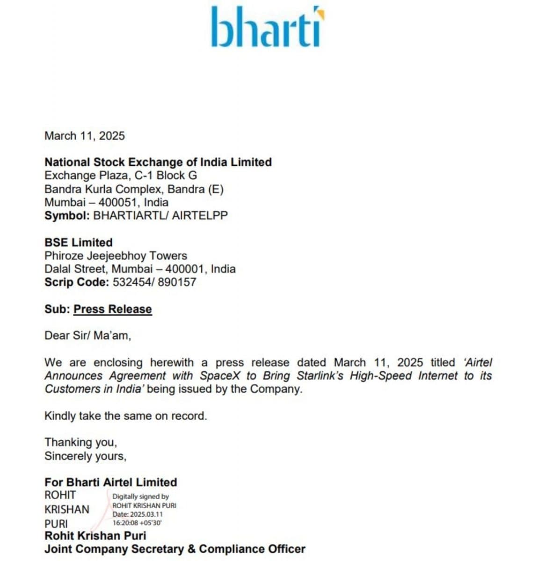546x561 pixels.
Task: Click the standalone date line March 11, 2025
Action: tap(85, 136)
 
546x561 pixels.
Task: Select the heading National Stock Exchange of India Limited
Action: tap(158, 162)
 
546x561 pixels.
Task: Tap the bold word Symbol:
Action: tap(67, 216)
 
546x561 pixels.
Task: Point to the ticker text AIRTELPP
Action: tap(200, 216)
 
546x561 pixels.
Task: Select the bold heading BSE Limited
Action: tap(79, 243)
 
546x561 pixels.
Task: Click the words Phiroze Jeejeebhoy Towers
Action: tap(116, 256)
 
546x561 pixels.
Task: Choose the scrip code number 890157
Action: tap(177, 282)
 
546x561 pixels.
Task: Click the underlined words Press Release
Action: tap(113, 309)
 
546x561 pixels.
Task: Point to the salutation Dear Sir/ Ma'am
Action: tap(87, 336)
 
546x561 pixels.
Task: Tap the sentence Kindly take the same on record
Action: tap(125, 416)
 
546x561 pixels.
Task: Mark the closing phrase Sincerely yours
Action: tap(85, 456)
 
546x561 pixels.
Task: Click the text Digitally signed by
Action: tap(140, 496)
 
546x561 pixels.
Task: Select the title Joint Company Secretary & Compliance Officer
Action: tap(175, 549)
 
